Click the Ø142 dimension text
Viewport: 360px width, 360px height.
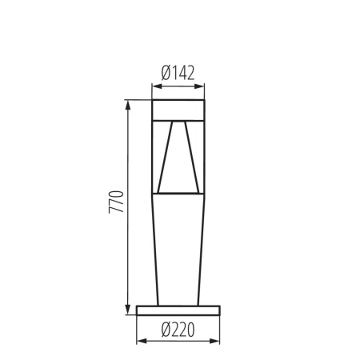coord(178,72)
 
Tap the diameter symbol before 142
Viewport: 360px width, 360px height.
coord(165,72)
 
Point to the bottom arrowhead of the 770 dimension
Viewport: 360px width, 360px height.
coord(126,310)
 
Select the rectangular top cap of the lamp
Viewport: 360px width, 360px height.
coord(178,109)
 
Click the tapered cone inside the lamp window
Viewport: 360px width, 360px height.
coord(178,160)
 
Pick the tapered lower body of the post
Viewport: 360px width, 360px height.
coord(178,248)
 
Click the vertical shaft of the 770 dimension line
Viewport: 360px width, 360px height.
coord(126,160)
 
